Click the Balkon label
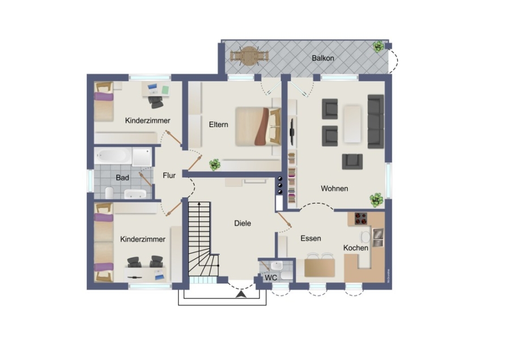(x=322, y=58)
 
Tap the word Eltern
(x=218, y=124)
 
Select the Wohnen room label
(x=334, y=188)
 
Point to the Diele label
(x=243, y=223)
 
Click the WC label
(x=271, y=278)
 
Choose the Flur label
(x=169, y=175)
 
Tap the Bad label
(x=122, y=177)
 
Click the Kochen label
(x=356, y=248)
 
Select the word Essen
(x=311, y=238)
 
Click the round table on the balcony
(x=249, y=56)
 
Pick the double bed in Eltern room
(x=258, y=126)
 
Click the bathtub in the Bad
(x=113, y=156)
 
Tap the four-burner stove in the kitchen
(x=360, y=219)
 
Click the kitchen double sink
(x=378, y=238)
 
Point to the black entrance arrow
(x=241, y=295)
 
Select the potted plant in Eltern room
(x=215, y=165)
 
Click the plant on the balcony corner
(x=379, y=46)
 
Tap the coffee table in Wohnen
(x=352, y=124)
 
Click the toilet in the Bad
(x=109, y=193)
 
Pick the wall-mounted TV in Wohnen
(x=292, y=132)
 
